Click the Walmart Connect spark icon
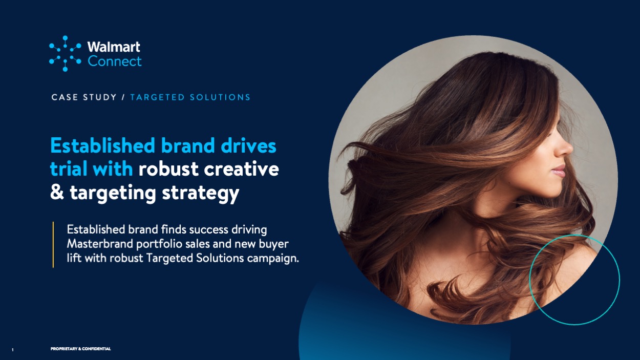pos(65,54)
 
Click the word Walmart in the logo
pos(114,47)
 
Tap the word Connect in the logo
pos(115,61)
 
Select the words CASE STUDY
pos(84,97)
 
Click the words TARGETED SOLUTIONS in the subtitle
pos(190,97)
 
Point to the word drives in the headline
pos(248,146)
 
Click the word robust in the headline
pos(168,169)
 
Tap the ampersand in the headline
pos(57,192)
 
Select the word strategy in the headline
pos(201,194)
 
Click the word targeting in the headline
pos(113,194)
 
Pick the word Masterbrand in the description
pos(100,244)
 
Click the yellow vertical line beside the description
pos(53,245)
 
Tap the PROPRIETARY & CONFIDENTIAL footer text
pos(80,349)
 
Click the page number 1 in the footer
pos(13,350)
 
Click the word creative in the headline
pos(242,169)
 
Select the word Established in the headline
pos(103,146)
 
